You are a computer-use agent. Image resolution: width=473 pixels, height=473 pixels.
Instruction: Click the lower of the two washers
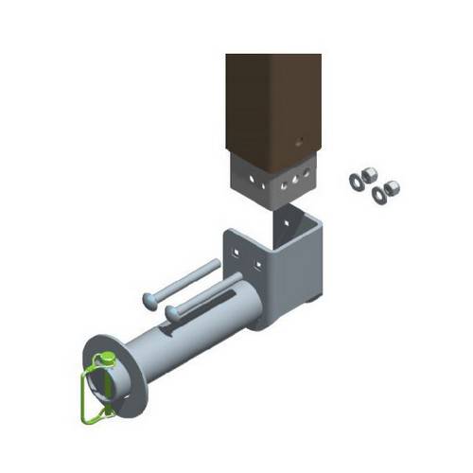377,195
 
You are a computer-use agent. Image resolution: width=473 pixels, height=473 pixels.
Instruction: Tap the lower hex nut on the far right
392,187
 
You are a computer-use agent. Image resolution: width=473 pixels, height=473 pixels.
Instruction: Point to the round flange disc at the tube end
114,374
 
